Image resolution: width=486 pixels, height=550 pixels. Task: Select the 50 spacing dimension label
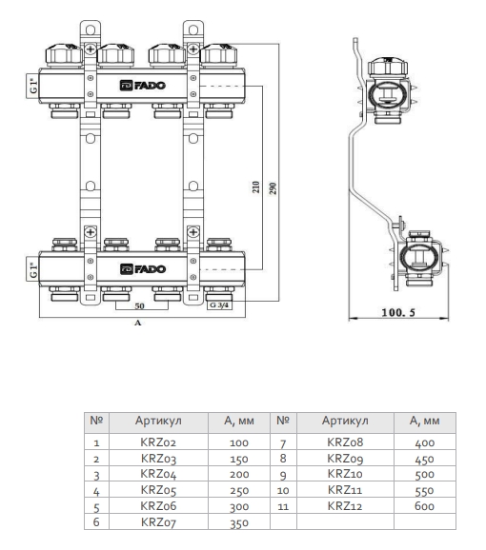click(x=137, y=307)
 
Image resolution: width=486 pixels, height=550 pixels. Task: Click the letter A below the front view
click(x=137, y=324)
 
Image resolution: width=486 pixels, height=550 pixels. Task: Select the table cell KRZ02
click(x=158, y=442)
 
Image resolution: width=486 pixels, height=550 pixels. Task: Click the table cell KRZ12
click(x=345, y=505)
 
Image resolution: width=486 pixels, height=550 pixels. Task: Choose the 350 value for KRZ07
click(x=240, y=522)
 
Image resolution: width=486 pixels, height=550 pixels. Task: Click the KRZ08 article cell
click(x=345, y=442)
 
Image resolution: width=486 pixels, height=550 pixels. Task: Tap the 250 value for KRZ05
click(x=240, y=490)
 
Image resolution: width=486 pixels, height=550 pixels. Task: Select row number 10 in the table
click(x=283, y=490)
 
